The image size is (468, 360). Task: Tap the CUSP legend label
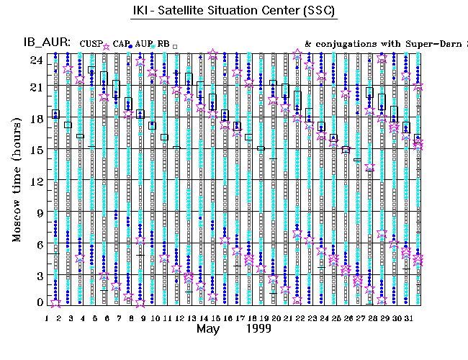click(x=91, y=44)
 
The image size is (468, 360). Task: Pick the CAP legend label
click(x=120, y=44)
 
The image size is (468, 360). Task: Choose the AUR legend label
click(x=144, y=44)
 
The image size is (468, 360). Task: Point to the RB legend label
click(x=163, y=44)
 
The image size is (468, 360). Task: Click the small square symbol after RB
click(x=175, y=46)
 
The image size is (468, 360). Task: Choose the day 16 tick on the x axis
click(x=227, y=316)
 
